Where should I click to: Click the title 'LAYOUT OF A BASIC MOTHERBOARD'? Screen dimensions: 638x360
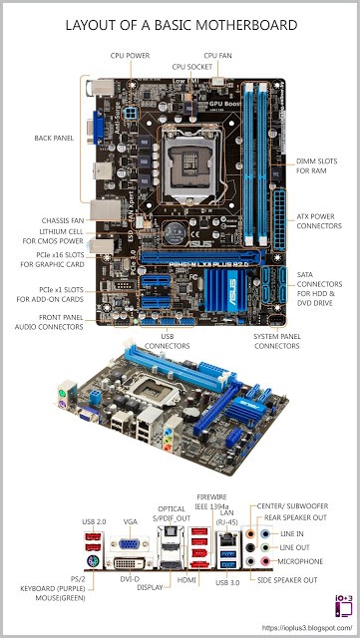[x=180, y=25]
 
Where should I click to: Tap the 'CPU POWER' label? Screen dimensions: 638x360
[x=132, y=56]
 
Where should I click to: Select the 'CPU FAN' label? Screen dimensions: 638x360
[x=219, y=56]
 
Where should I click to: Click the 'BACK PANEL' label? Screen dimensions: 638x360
[x=53, y=138]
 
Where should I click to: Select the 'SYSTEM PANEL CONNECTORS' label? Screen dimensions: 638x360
[x=274, y=341]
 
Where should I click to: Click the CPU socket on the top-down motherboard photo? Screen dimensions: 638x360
[x=180, y=159]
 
